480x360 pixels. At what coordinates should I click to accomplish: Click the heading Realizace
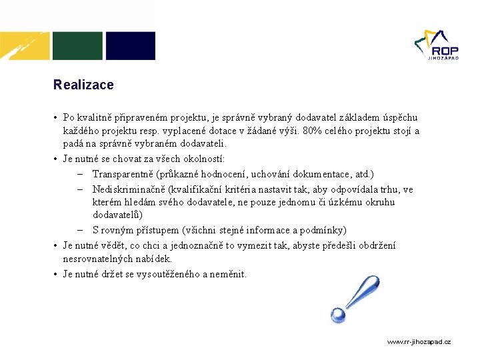click(83, 85)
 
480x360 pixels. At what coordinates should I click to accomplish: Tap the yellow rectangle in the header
click(25, 46)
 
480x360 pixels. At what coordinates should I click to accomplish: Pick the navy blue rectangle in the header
click(131, 46)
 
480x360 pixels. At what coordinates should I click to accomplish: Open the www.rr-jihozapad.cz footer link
click(419, 341)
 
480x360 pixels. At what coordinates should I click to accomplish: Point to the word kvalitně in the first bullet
click(96, 117)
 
